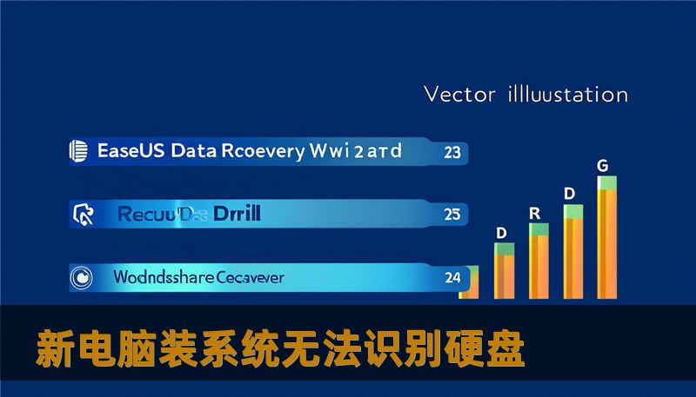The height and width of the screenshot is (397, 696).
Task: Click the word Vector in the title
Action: tap(459, 94)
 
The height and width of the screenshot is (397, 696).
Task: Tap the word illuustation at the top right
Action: tap(565, 94)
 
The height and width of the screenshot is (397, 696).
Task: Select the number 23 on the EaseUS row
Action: tap(452, 152)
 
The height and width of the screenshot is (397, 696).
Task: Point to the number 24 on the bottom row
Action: tap(452, 279)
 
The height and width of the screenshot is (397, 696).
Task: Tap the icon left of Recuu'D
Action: tap(84, 213)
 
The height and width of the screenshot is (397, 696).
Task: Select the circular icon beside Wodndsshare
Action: tap(81, 278)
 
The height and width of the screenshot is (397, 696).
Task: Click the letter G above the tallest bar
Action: tap(603, 164)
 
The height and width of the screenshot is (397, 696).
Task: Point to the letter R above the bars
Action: tap(535, 212)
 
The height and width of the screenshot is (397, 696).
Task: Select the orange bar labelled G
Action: tap(607, 243)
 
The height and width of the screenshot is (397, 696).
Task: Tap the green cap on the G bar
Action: tap(607, 182)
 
